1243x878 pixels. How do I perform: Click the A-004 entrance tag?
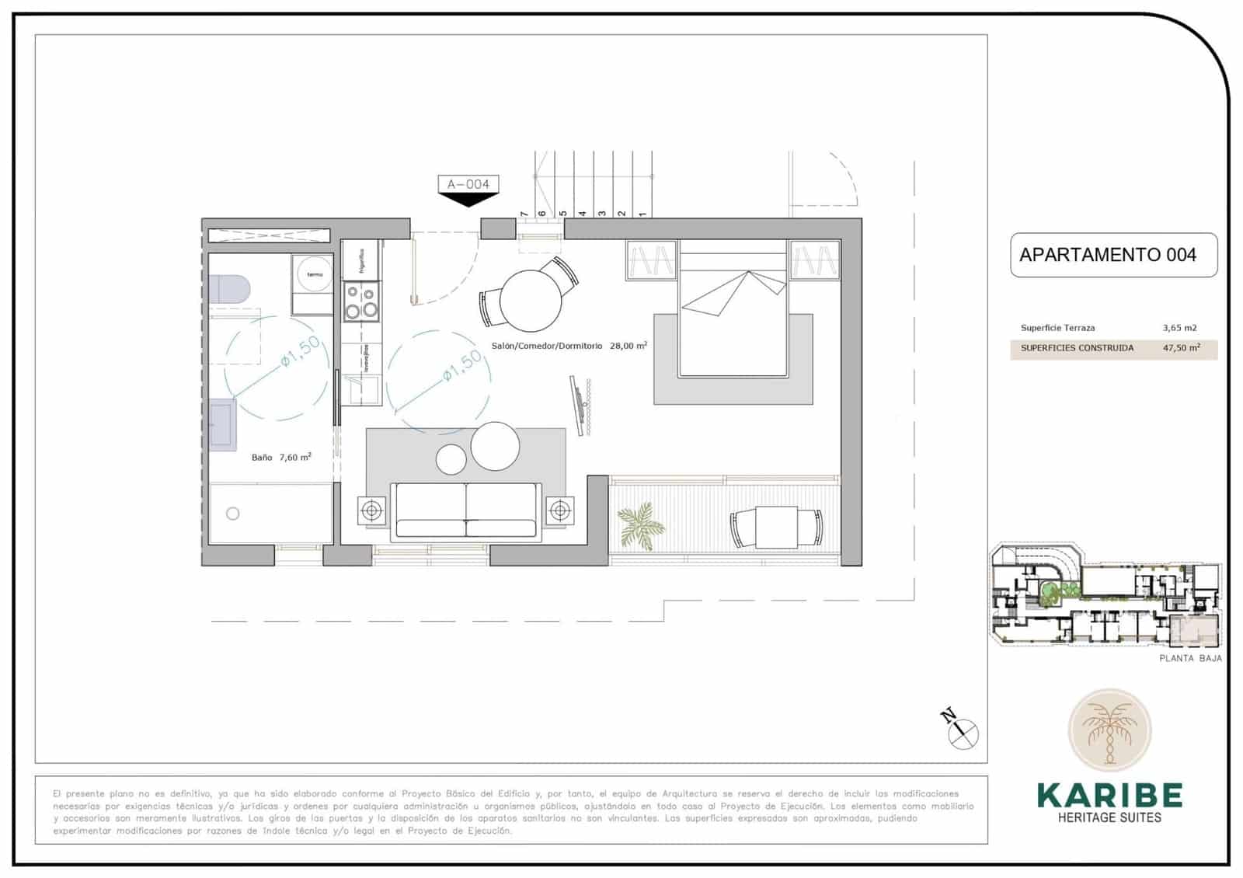pos(468,184)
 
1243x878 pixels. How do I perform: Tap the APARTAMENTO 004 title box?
pos(1112,255)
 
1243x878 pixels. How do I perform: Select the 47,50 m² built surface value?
pos(1181,348)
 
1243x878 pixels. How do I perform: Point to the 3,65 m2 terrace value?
pos(1179,328)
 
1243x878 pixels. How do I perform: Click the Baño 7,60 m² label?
pos(281,458)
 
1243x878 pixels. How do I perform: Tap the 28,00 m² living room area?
pos(628,346)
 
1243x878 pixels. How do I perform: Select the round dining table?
pos(530,300)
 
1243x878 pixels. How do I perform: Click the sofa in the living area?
pos(466,510)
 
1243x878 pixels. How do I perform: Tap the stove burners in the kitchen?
pos(361,302)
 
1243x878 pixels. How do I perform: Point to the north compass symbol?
pos(963,730)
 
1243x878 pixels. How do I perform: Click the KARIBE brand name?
pos(1109,795)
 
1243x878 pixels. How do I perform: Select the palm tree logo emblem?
pos(1109,730)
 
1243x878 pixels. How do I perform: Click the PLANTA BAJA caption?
pos(1190,658)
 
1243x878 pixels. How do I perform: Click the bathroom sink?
pos(223,425)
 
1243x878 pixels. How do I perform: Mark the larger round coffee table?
pos(495,446)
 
